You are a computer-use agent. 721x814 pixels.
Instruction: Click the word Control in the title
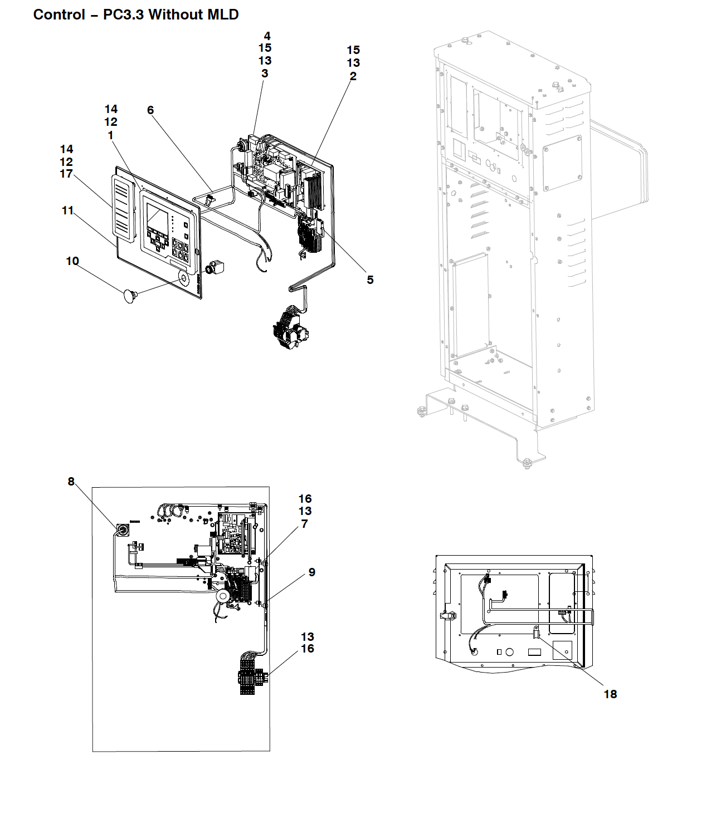pos(59,14)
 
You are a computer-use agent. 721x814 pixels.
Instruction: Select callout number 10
pos(72,261)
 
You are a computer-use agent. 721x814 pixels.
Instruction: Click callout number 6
pos(150,110)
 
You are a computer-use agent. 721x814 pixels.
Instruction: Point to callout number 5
pos(371,279)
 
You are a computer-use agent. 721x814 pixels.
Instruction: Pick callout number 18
pos(611,694)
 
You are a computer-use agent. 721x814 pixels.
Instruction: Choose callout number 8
pos(71,481)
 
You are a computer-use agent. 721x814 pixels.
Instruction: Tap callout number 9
pos(312,572)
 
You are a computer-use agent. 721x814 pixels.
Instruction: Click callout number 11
pos(67,210)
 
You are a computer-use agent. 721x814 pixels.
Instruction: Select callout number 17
pos(66,174)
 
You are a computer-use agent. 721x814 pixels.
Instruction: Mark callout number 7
pos(305,523)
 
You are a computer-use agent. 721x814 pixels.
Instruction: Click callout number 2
pos(353,76)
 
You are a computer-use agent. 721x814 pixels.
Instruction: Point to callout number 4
pos(267,36)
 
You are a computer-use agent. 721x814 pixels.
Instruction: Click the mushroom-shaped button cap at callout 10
pos(130,296)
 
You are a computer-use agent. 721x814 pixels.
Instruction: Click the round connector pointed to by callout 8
pos(122,531)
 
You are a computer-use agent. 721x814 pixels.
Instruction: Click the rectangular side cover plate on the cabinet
pos(562,163)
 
